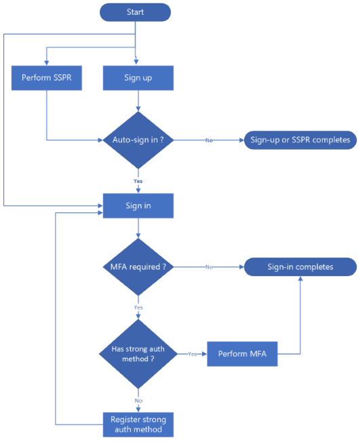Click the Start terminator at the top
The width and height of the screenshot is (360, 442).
pyautogui.click(x=135, y=12)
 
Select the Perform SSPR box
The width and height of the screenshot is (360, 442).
pyautogui.click(x=45, y=78)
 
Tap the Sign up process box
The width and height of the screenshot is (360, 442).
pyautogui.click(x=138, y=78)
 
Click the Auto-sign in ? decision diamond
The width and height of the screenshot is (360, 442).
pyautogui.click(x=138, y=140)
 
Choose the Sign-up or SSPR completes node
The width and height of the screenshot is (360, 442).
pyautogui.click(x=299, y=140)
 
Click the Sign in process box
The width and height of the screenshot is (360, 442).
pyautogui.click(x=138, y=205)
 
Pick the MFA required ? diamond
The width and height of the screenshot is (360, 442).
pyautogui.click(x=138, y=267)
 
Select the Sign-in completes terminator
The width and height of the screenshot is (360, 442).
pyautogui.click(x=299, y=266)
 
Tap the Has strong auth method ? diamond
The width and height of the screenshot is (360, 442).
pyautogui.click(x=138, y=353)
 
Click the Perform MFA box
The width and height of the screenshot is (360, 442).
pyautogui.click(x=242, y=353)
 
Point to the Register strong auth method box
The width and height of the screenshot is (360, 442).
pyautogui.click(x=138, y=424)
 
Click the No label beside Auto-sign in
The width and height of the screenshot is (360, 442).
pyautogui.click(x=209, y=140)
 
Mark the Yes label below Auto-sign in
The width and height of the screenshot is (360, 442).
pyautogui.click(x=138, y=182)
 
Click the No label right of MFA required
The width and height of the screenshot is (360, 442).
pyautogui.click(x=209, y=267)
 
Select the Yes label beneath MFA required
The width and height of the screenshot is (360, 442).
pyautogui.click(x=138, y=307)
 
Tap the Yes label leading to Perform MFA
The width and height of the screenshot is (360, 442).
pyautogui.click(x=192, y=354)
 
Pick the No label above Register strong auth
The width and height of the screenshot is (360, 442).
pyautogui.click(x=138, y=400)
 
